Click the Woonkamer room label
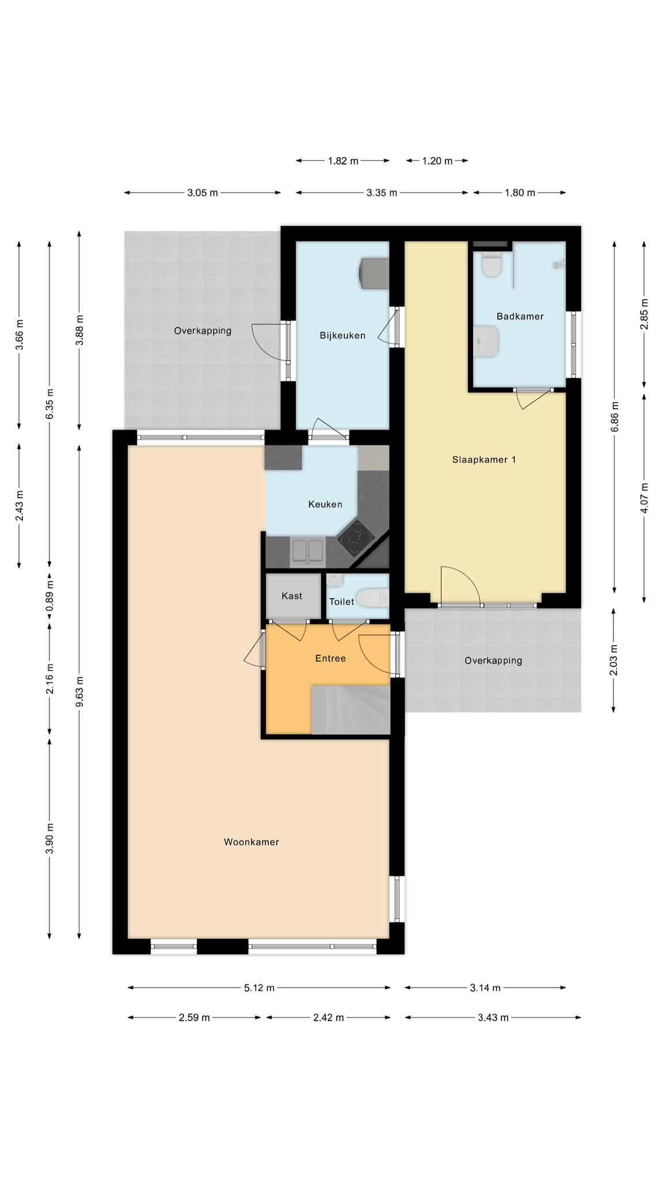pos(252,842)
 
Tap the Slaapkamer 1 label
pos(484,460)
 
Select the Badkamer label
pos(520,316)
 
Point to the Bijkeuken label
pos(342,335)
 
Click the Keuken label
pos(325,504)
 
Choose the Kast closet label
pos(292,596)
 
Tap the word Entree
pos(330,658)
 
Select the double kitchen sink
pos(307,551)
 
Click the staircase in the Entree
pos(350,710)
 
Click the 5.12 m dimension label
pos(259,988)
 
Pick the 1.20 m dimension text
pos(437,161)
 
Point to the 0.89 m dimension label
pos(50,601)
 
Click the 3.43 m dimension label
pos(493,1018)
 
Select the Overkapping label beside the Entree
pos(493,660)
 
